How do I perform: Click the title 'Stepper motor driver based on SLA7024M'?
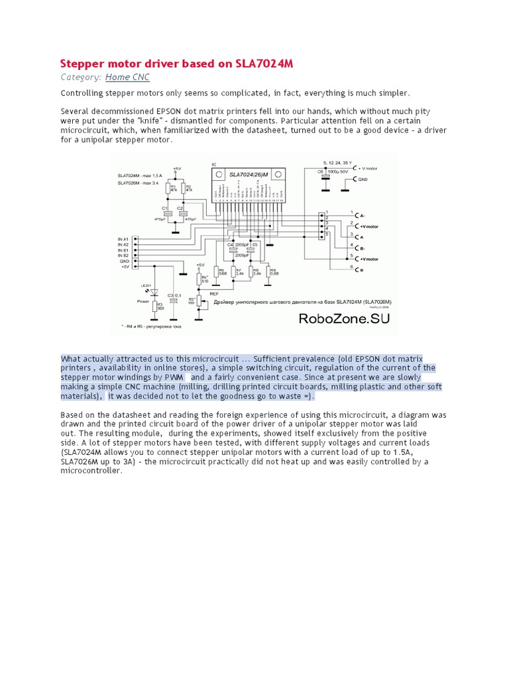tap(176, 64)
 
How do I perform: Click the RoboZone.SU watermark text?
tap(344, 318)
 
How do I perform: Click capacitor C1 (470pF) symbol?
tap(168, 211)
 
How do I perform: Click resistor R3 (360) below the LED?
tap(156, 307)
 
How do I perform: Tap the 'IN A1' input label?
tap(123, 238)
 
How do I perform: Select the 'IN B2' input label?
tap(123, 255)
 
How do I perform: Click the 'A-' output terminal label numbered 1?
tap(361, 215)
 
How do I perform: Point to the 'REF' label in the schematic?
tap(214, 292)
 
